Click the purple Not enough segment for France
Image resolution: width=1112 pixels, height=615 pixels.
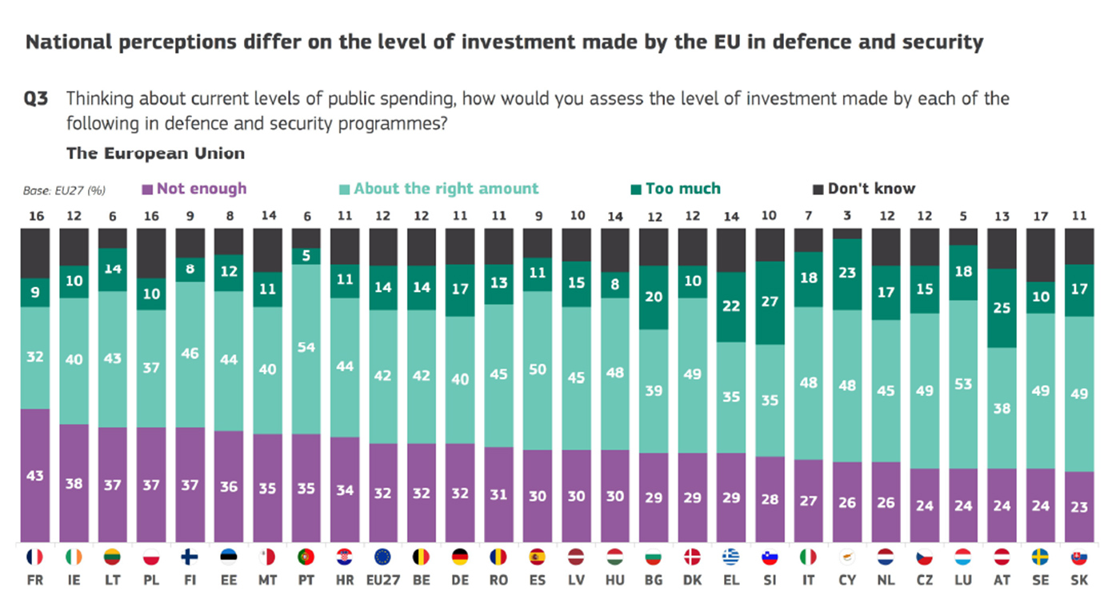click(x=35, y=475)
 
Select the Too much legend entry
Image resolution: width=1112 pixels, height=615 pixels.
click(x=676, y=189)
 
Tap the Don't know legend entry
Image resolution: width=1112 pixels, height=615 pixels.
click(x=864, y=189)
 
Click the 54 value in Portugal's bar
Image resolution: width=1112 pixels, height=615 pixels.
click(x=306, y=347)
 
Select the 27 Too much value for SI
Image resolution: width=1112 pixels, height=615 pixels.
click(x=770, y=302)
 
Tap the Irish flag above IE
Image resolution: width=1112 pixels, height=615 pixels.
click(x=74, y=557)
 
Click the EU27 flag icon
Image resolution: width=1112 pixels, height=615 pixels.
click(x=382, y=557)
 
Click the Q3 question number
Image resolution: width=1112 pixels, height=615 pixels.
click(x=37, y=99)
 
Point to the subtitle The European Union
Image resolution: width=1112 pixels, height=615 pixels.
click(x=155, y=153)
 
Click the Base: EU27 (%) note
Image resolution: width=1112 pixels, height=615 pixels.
click(x=64, y=191)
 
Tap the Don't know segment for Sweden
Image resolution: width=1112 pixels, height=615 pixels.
click(x=1040, y=254)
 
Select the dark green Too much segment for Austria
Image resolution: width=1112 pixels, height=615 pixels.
click(x=1002, y=308)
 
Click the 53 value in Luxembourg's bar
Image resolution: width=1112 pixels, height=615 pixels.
click(x=963, y=384)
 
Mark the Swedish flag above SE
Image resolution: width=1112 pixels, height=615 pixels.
click(x=1040, y=557)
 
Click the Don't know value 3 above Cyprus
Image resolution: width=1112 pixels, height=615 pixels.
click(x=847, y=216)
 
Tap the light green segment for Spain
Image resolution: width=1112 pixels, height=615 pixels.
click(x=538, y=369)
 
